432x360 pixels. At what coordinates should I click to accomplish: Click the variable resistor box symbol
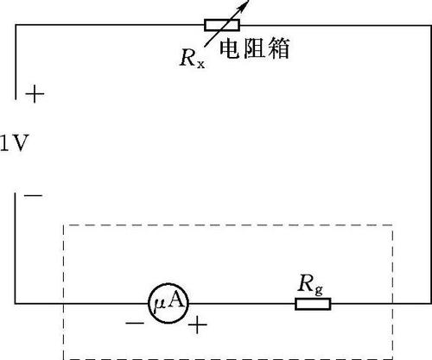[x=222, y=25]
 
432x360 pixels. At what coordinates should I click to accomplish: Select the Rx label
[x=193, y=59]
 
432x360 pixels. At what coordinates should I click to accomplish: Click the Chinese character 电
[x=230, y=49]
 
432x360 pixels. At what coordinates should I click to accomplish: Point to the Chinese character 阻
[x=254, y=49]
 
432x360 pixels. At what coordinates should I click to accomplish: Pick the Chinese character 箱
[x=279, y=49]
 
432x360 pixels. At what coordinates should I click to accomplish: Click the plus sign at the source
[x=35, y=94]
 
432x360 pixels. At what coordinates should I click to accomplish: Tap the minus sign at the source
[x=33, y=196]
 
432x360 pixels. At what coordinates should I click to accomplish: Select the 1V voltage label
[x=15, y=143]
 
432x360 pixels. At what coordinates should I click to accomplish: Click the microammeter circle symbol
[x=168, y=303]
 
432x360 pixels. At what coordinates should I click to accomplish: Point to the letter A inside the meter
[x=175, y=300]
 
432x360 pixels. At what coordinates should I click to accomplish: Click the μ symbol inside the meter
[x=160, y=304]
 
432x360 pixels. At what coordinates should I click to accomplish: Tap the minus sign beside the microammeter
[x=135, y=324]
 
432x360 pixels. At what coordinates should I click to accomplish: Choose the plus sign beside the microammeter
[x=198, y=325]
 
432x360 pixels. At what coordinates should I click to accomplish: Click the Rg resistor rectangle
[x=313, y=304]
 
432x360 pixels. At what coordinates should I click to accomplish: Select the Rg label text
[x=310, y=285]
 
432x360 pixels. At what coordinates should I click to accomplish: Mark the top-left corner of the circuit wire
[x=16, y=25]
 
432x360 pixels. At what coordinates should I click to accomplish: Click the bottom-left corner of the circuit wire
[x=16, y=303]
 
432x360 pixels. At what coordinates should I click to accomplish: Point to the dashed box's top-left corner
[x=64, y=225]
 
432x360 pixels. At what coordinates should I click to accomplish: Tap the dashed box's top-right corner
[x=392, y=225]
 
